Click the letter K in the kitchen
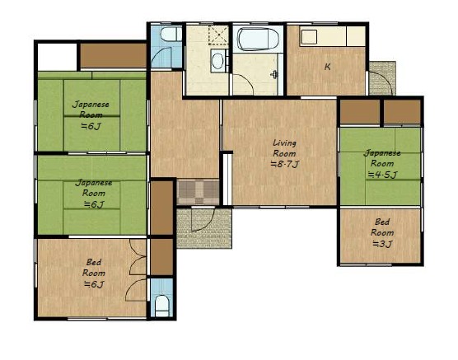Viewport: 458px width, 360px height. coord(327,67)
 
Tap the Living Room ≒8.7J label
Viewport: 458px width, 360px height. coord(285,154)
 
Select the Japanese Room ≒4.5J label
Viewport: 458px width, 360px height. coord(382,164)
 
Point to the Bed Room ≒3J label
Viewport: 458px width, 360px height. coord(382,233)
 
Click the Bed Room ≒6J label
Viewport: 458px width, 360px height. coord(94,274)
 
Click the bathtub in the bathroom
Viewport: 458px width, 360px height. coord(257,40)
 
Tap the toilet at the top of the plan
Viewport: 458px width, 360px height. coord(171,35)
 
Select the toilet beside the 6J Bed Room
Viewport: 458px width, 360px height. coord(161,306)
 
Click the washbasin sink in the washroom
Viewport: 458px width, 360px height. coord(217,61)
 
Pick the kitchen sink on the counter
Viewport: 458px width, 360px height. coord(309,37)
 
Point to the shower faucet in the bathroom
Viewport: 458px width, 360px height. coord(274,75)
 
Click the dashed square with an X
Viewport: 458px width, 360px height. coord(218,35)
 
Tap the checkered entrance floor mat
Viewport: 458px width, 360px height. coord(198,192)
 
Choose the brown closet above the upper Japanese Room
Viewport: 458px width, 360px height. coord(113,55)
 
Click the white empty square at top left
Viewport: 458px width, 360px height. coord(58,57)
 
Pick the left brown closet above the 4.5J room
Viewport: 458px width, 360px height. coord(360,111)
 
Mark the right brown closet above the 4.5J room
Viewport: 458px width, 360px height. coord(402,111)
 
